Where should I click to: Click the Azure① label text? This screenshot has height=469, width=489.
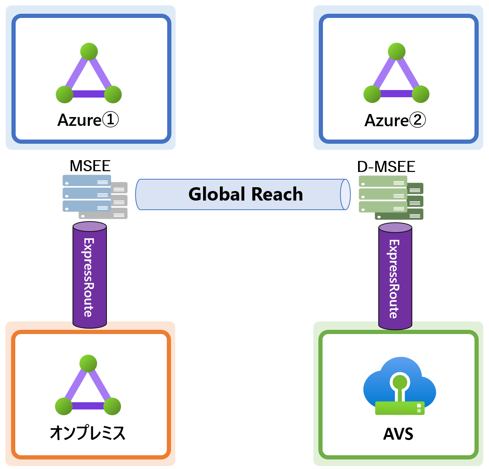(88, 120)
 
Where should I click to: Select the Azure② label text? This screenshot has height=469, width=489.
(395, 120)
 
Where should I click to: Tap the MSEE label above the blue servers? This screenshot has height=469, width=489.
(90, 166)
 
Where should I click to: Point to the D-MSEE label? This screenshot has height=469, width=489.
(386, 167)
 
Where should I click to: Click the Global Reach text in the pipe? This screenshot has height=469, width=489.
(245, 194)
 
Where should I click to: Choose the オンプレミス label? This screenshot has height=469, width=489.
(88, 433)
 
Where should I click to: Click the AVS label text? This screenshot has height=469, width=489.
(398, 434)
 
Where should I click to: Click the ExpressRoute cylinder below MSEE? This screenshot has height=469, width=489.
(90, 276)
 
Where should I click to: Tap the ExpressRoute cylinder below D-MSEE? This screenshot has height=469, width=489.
(395, 278)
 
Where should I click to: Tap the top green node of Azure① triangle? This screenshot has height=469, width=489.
(89, 51)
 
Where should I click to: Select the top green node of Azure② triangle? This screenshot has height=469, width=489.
(397, 51)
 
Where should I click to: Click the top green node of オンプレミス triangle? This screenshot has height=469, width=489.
(88, 363)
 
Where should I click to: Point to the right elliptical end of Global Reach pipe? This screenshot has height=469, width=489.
(345, 194)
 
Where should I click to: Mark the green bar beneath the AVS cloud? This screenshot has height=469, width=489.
(400, 408)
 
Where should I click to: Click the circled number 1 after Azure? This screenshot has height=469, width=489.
(111, 120)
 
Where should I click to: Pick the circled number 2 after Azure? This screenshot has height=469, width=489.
(418, 120)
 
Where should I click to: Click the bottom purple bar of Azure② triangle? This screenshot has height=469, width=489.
(396, 94)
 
